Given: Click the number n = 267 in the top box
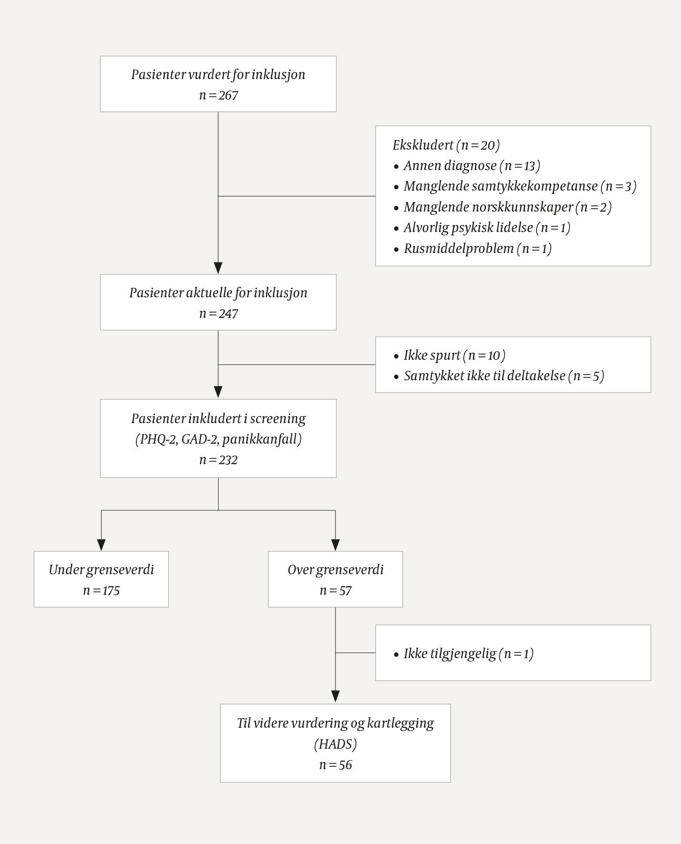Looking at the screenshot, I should click(218, 95).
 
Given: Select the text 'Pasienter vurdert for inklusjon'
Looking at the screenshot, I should click(218, 74).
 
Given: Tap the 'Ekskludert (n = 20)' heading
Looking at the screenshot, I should click(446, 145).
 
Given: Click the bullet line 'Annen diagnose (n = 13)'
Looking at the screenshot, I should click(472, 165).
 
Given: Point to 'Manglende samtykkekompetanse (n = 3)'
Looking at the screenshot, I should click(519, 186).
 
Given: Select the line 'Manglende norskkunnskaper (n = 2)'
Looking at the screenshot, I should click(508, 207).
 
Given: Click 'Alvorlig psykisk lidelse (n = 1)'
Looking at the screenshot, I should click(487, 228).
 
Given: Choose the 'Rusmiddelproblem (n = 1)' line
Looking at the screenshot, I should click(478, 248).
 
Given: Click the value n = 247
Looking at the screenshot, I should click(218, 314).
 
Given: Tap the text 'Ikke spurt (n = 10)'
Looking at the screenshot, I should click(454, 355).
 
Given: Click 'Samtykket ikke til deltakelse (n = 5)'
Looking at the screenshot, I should click(504, 376).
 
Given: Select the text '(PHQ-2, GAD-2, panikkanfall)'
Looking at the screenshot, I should click(218, 439).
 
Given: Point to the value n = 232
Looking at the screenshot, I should click(218, 460).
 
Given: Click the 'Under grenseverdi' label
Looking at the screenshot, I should click(101, 569).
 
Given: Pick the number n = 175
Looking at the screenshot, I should click(101, 590).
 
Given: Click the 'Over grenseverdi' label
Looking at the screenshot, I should click(335, 569).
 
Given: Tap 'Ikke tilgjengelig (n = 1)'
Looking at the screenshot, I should click(468, 653).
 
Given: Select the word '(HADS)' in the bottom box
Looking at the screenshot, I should click(335, 744).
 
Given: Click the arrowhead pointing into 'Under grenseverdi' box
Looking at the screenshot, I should click(101, 545).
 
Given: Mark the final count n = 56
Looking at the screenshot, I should click(335, 765).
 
